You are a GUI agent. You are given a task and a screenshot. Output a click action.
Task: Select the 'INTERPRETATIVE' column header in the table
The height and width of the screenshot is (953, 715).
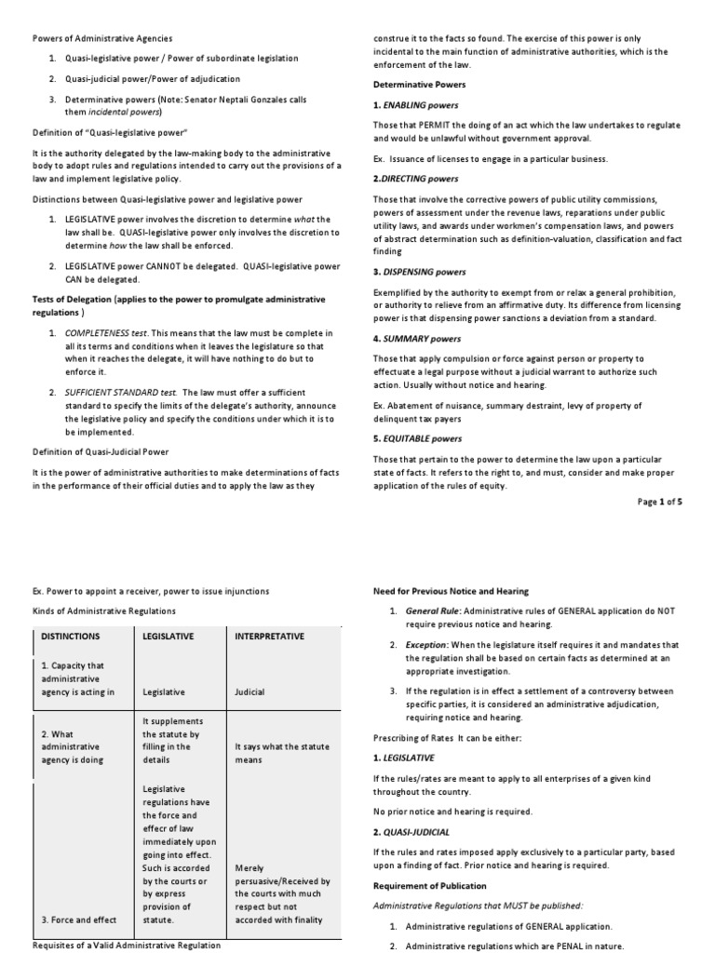270,636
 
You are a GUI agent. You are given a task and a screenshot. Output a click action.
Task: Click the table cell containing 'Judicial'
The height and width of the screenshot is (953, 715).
250,691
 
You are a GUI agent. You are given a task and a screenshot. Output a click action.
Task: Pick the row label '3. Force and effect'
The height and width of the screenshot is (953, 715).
78,919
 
